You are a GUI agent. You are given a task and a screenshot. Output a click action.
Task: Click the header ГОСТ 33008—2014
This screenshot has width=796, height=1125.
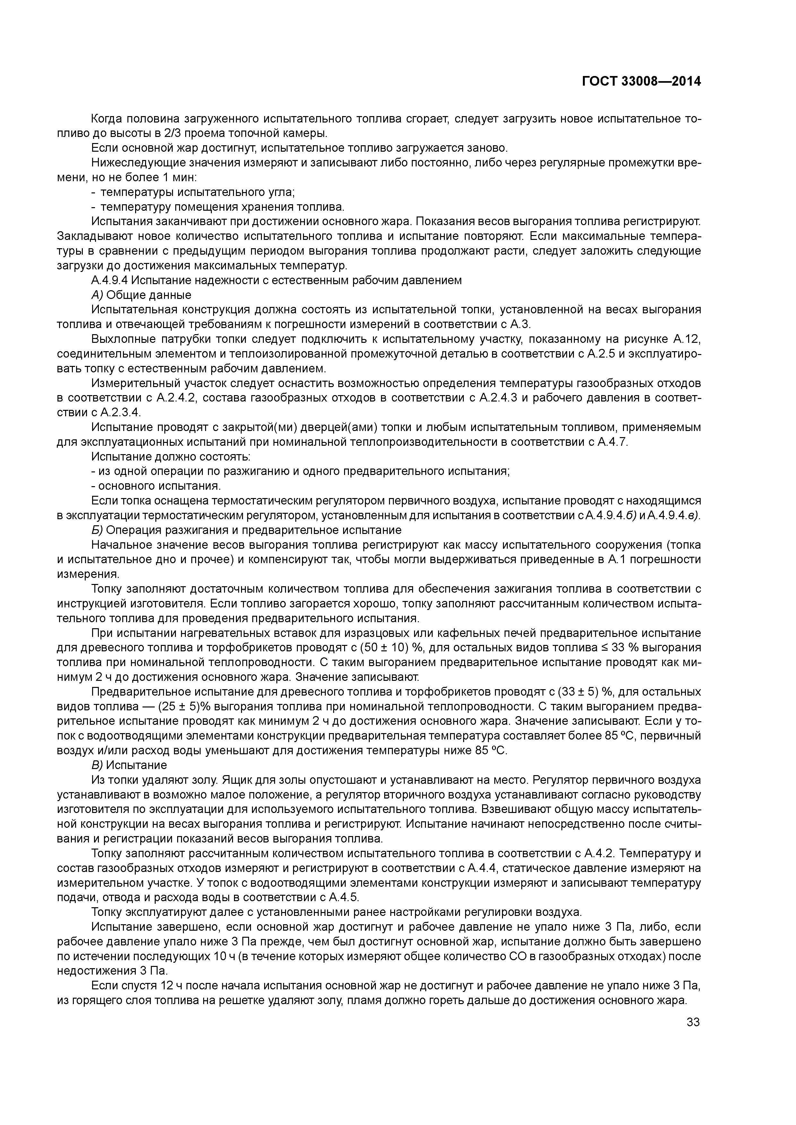[641, 81]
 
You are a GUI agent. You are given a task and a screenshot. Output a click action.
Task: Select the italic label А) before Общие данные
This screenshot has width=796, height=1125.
[97, 295]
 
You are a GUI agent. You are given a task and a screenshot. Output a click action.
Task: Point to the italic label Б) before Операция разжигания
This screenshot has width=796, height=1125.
[97, 530]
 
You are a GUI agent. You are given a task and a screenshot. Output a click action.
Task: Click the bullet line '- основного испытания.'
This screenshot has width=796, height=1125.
[156, 486]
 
